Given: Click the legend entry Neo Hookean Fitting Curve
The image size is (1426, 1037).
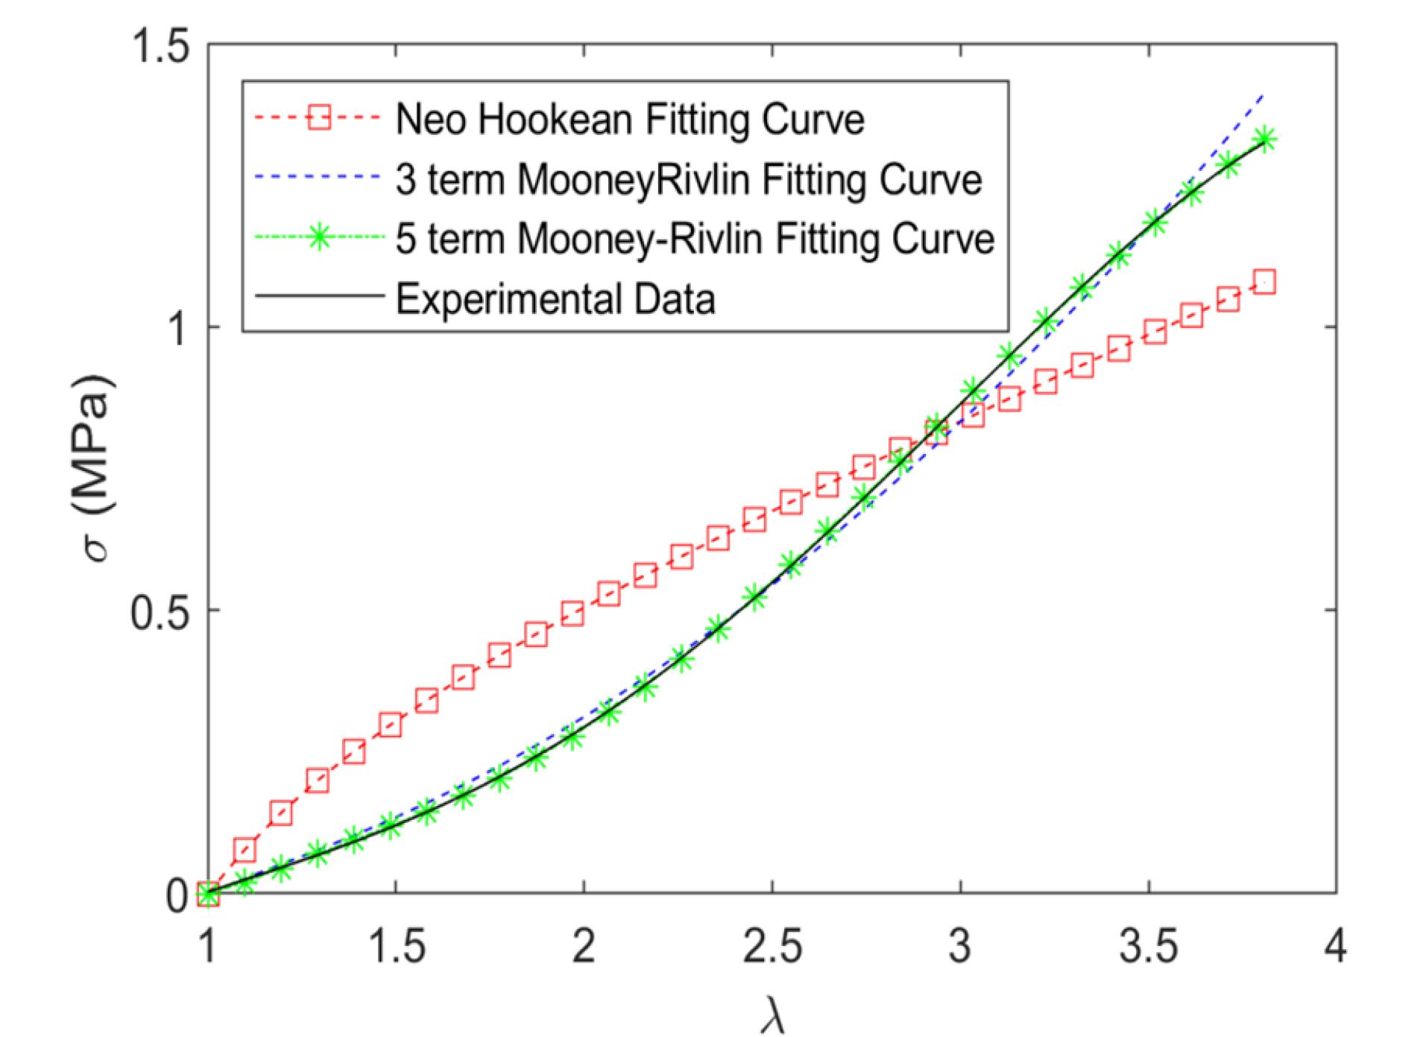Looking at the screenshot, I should (x=630, y=119).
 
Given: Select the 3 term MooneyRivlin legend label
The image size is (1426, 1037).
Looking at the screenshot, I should (x=688, y=180).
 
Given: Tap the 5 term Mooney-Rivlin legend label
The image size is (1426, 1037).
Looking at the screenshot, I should (x=695, y=239).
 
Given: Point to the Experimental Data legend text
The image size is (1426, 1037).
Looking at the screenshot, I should (x=555, y=299).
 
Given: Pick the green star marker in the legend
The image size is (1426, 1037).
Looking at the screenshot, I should (x=319, y=238).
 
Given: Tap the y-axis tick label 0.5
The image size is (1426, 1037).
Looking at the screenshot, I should (x=160, y=611).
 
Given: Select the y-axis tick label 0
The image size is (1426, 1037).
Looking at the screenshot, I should (x=176, y=894).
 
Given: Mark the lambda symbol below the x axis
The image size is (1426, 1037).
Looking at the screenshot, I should (x=772, y=1014).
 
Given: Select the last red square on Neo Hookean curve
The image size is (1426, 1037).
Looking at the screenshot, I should (x=1264, y=283).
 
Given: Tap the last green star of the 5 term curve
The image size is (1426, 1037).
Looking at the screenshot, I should (x=1265, y=139).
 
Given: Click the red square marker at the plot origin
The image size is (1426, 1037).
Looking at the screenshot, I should (x=208, y=893).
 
